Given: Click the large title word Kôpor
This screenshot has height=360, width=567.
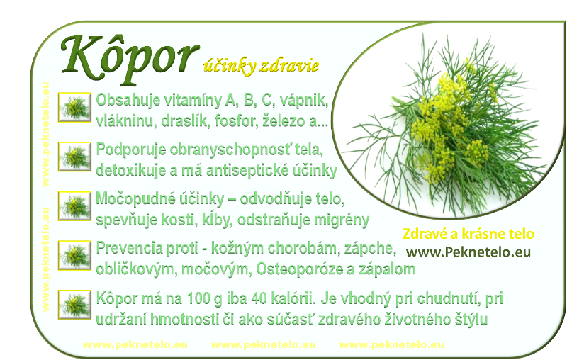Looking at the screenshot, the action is (x=130, y=59).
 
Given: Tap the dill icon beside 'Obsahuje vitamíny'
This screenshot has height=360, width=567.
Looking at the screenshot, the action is (x=74, y=107).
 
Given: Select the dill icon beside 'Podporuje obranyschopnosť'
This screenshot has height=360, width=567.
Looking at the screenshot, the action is (x=74, y=156).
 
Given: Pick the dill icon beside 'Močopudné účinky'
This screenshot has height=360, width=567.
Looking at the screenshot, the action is (x=74, y=206).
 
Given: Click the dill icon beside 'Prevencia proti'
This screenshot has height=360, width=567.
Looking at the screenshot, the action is (x=74, y=255).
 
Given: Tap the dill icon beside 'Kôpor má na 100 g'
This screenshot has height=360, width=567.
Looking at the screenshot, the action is (x=74, y=304).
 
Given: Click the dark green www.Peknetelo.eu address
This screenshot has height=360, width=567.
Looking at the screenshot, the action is (x=468, y=252).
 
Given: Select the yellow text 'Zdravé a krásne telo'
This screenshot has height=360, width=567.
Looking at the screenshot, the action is (x=468, y=234).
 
